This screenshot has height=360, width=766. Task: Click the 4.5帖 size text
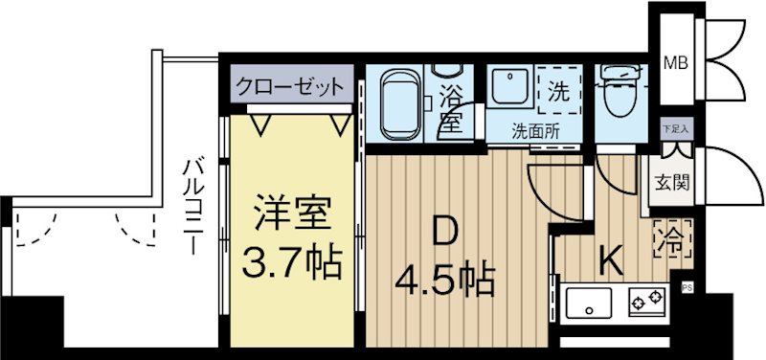[x=445, y=279]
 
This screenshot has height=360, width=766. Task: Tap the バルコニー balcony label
[x=191, y=206]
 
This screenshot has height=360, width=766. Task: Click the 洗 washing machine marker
[x=557, y=93]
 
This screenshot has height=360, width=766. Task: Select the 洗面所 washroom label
[x=533, y=130]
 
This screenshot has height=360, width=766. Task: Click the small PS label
[x=686, y=286]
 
